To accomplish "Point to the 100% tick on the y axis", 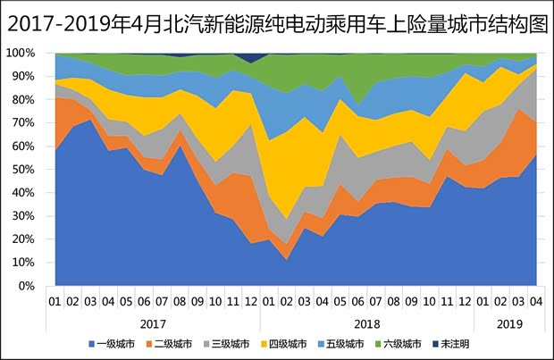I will [x=21, y=53].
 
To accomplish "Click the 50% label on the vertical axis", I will [x=24, y=170].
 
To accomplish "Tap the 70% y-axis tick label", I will [x=24, y=122].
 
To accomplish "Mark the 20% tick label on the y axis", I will [x=24, y=239].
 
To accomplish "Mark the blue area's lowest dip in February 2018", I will [x=285, y=260].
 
